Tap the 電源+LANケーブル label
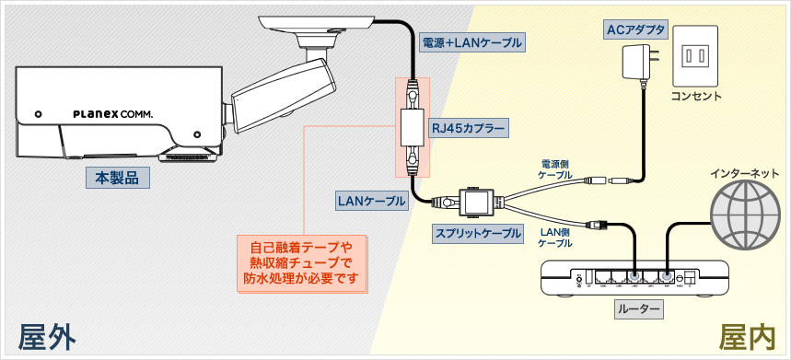click(471, 42)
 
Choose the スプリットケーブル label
click(478, 234)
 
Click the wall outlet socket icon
click(696, 57)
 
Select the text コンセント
click(696, 97)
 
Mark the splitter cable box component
click(477, 200)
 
